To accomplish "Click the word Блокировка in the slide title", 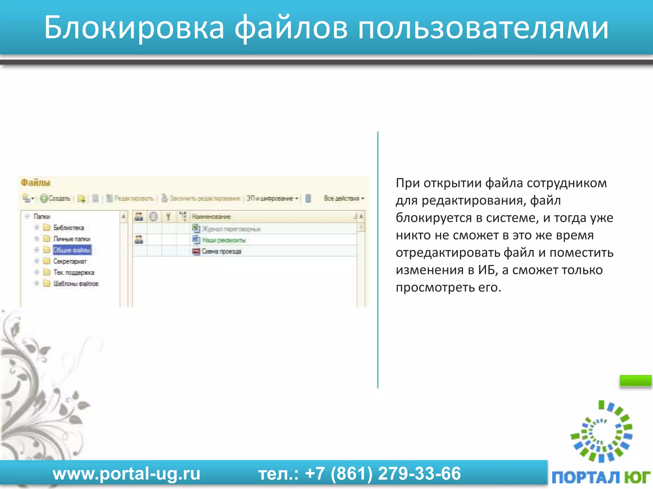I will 134,28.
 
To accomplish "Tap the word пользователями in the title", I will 483,28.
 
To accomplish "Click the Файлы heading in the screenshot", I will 35,183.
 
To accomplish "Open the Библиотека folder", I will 68,228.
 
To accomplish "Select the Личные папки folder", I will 71,239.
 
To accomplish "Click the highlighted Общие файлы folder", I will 72,250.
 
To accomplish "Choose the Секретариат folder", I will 70,261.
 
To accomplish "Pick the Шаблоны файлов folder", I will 76,284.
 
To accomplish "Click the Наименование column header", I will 211,217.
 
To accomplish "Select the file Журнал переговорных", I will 231,229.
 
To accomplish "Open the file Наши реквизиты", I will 224,240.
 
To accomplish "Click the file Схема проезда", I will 221,251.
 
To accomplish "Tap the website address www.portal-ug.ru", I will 127,473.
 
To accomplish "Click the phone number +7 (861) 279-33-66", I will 383,473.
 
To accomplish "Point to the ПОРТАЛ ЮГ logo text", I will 601,477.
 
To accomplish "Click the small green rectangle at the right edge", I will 635,380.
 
